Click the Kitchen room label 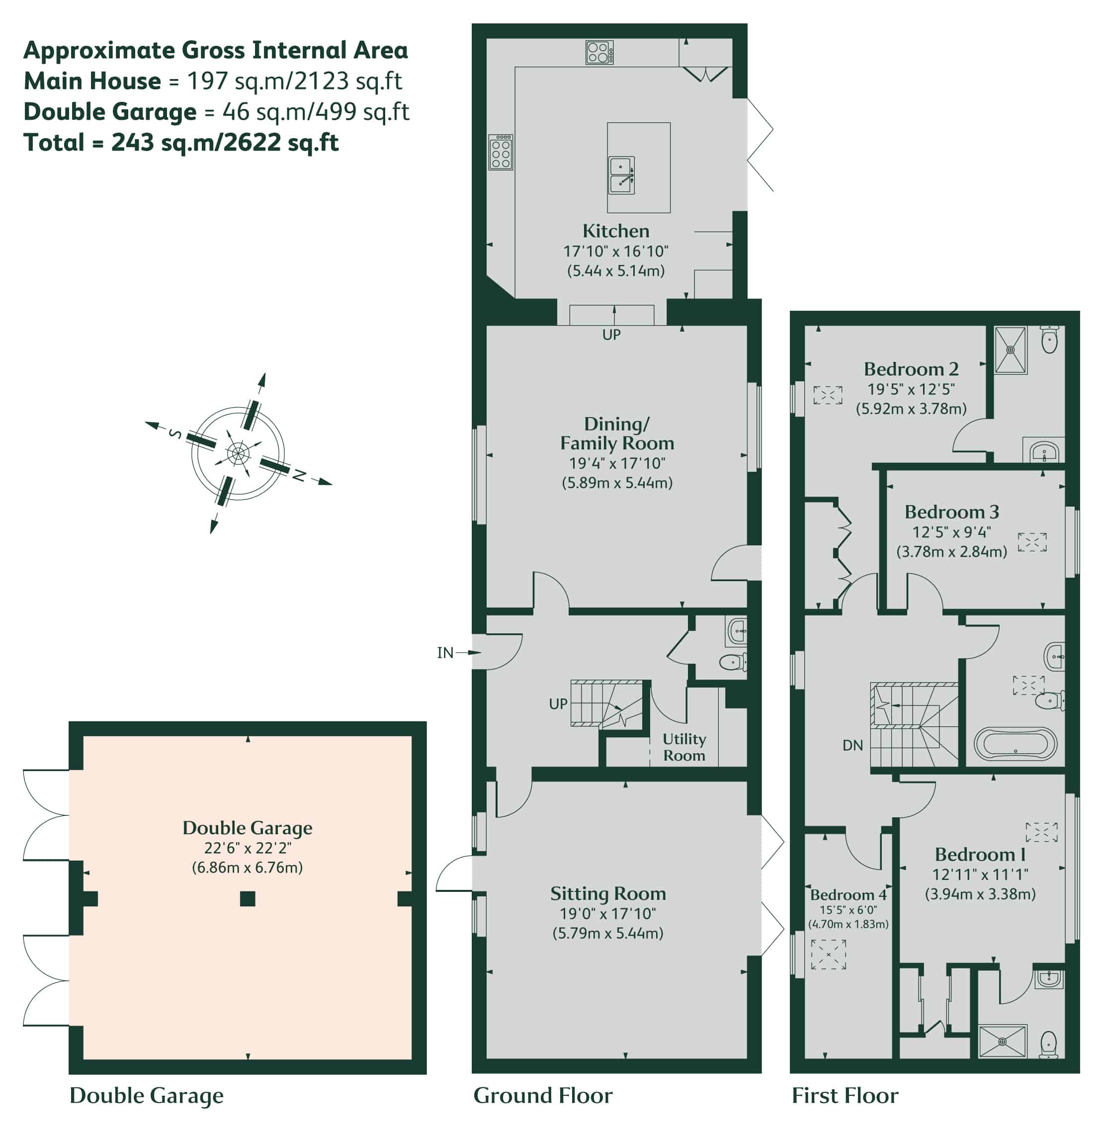click(x=615, y=231)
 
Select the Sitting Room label click(x=608, y=893)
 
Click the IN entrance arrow click(x=468, y=652)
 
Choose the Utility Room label click(x=684, y=747)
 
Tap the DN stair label click(x=852, y=745)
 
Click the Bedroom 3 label click(x=952, y=512)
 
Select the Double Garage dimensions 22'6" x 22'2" click(x=248, y=848)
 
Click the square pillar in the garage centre click(x=248, y=899)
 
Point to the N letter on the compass click(x=298, y=476)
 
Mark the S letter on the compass click(x=175, y=434)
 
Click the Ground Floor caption click(x=543, y=1095)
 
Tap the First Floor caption click(x=845, y=1095)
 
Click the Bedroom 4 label click(x=848, y=895)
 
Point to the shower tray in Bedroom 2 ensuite click(x=1011, y=350)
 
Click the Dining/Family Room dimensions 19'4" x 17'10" click(x=617, y=463)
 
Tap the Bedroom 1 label click(x=980, y=854)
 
